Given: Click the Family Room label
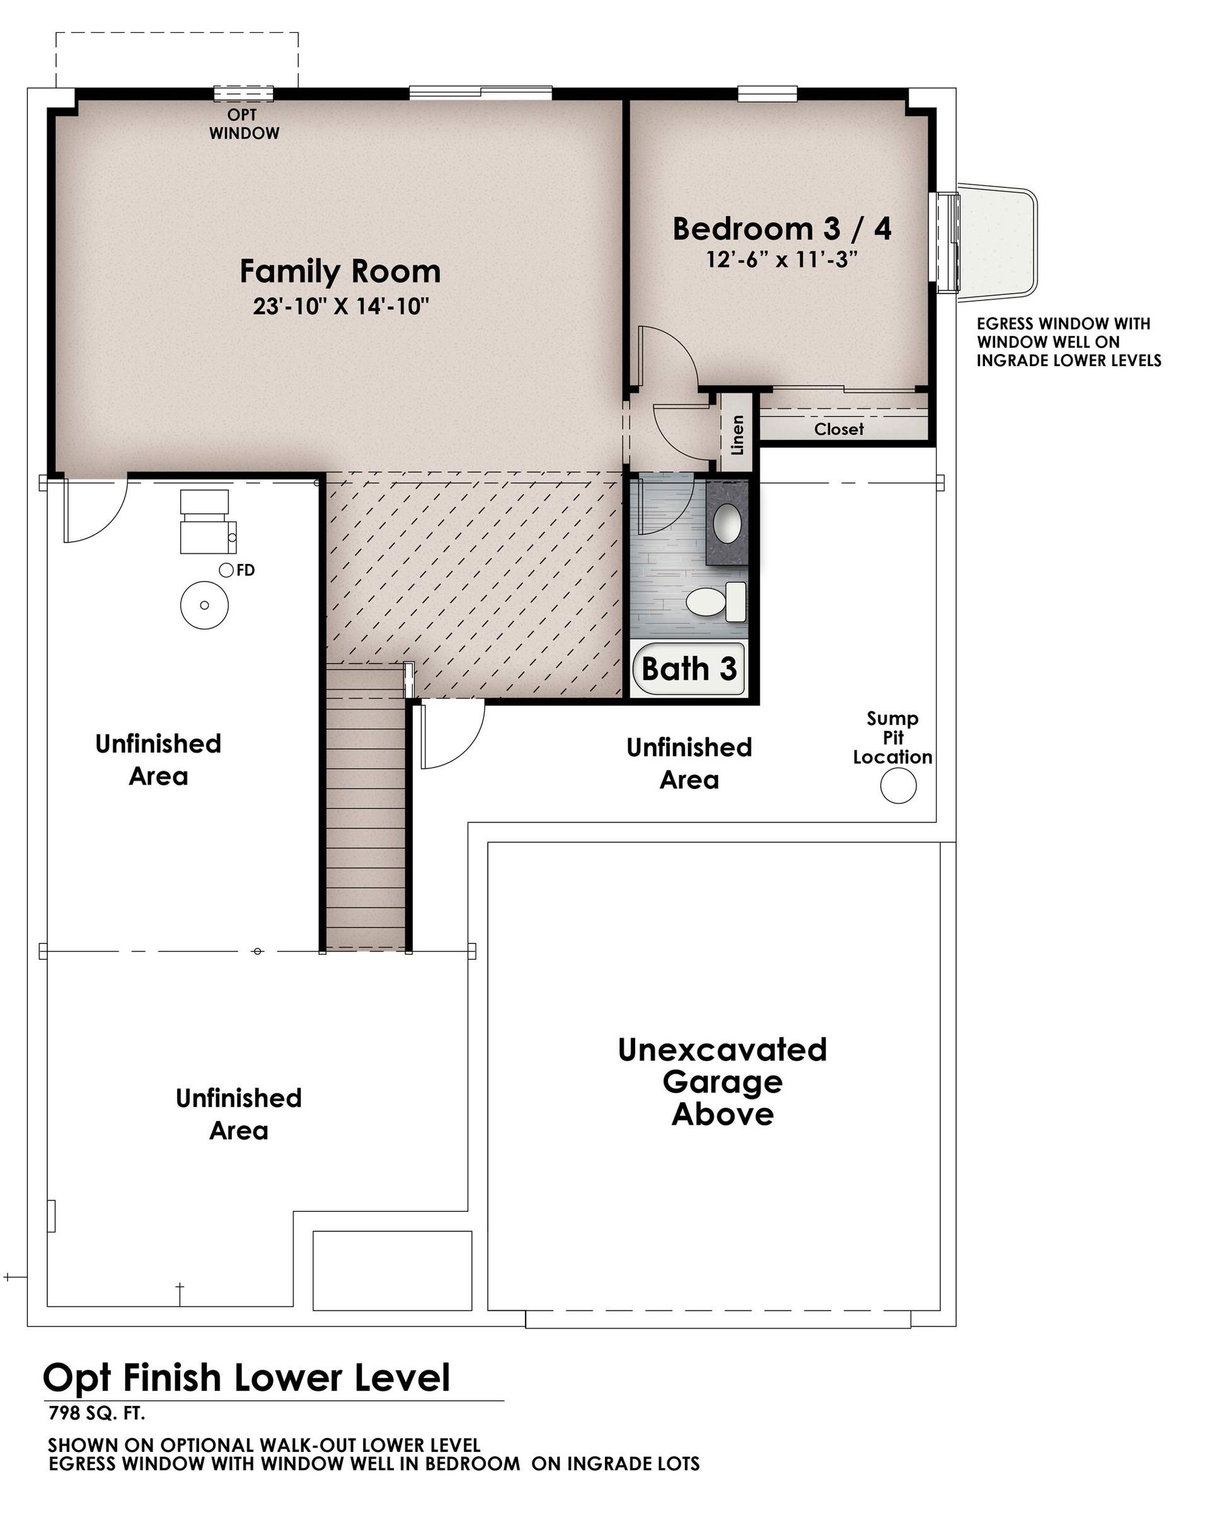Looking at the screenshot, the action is pyautogui.click(x=340, y=271).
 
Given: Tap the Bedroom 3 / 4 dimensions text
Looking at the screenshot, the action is pyautogui.click(x=782, y=260).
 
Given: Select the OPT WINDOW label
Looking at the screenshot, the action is pyautogui.click(x=244, y=124).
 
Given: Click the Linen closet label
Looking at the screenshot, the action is pyautogui.click(x=737, y=434).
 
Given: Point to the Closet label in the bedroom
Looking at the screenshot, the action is pyautogui.click(x=839, y=428).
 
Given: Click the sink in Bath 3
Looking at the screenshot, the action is pyautogui.click(x=727, y=522).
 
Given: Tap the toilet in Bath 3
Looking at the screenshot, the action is pyautogui.click(x=717, y=601).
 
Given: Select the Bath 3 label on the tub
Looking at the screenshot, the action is pyautogui.click(x=689, y=668).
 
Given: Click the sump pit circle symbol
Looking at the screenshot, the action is pyautogui.click(x=898, y=785).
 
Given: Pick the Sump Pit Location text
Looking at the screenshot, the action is pyautogui.click(x=892, y=737).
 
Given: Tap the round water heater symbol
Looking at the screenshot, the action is pyautogui.click(x=204, y=605).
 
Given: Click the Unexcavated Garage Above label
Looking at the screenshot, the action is pyautogui.click(x=722, y=1081).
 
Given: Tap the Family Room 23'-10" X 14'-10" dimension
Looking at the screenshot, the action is pyautogui.click(x=341, y=306).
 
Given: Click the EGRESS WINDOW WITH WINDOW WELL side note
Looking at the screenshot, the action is pyautogui.click(x=1068, y=342).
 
